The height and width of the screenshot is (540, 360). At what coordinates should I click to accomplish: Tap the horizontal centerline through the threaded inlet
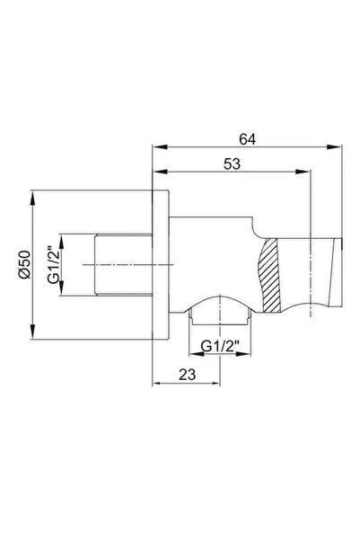click(x=108, y=262)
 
